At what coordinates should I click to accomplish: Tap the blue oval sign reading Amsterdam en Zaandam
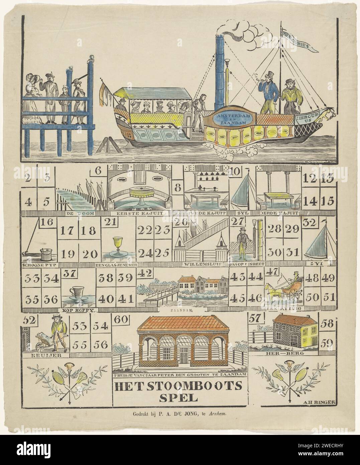click(x=231, y=119)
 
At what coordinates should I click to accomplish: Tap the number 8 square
click(x=177, y=187)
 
